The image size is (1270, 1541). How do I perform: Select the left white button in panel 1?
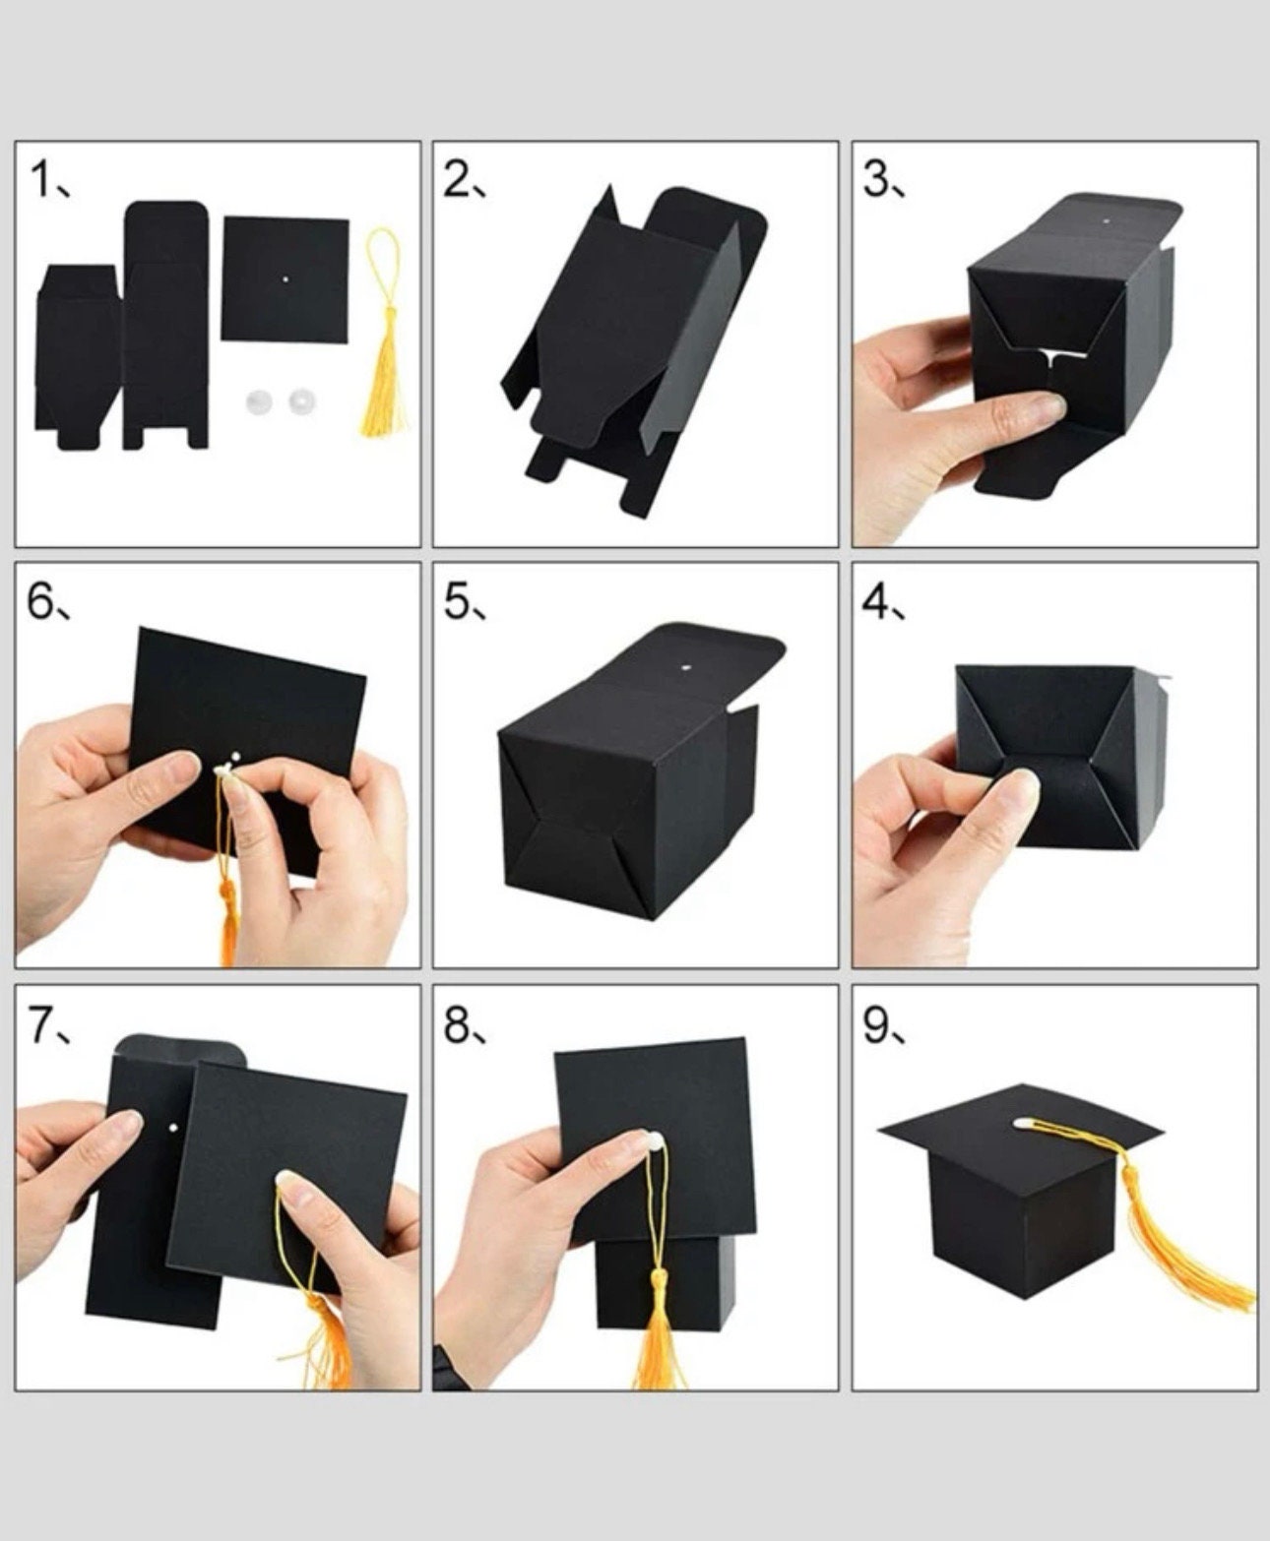click(258, 401)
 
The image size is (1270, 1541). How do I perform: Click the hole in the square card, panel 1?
click(286, 279)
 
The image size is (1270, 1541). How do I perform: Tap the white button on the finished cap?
click(1023, 1122)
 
